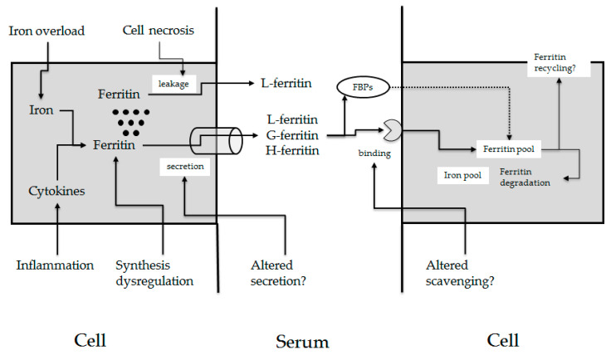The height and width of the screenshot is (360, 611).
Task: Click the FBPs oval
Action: [363, 87]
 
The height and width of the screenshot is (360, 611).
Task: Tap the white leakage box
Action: [174, 84]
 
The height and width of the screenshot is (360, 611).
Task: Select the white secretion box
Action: [185, 167]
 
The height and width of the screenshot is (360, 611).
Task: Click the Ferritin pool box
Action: [509, 149]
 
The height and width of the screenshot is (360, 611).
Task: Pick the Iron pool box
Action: [462, 175]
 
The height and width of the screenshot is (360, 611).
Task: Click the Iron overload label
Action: [46, 32]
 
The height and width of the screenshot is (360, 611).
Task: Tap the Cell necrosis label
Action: [159, 31]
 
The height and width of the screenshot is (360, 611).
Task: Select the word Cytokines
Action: [56, 191]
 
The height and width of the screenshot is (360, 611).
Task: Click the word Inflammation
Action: [55, 265]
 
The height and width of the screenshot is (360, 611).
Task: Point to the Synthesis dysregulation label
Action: [154, 273]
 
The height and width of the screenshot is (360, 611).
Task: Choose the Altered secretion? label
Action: [278, 273]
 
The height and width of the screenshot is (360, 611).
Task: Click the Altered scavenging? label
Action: [460, 273]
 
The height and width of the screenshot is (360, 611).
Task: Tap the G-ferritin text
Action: [292, 135]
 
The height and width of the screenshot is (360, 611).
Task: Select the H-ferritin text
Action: [292, 150]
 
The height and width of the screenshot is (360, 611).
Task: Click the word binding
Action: [374, 153]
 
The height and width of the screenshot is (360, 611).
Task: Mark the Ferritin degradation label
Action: [525, 178]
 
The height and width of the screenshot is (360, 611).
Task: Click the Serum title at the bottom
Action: [302, 342]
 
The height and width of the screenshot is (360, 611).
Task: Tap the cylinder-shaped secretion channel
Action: [216, 140]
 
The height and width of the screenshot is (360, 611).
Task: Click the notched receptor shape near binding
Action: [392, 130]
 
